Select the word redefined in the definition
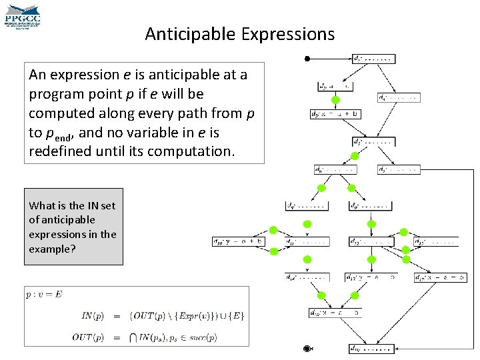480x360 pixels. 59,151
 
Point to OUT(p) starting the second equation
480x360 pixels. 88,337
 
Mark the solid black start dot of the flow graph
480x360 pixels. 307,59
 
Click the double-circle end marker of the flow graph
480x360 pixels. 307,348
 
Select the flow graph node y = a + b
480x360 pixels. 239,241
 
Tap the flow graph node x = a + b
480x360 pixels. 336,114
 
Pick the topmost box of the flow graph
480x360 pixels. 377,59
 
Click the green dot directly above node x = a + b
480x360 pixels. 336,100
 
